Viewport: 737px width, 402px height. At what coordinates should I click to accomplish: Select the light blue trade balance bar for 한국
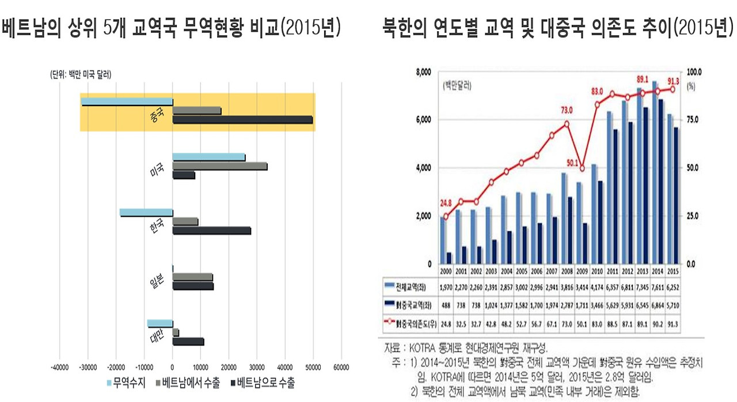(146, 212)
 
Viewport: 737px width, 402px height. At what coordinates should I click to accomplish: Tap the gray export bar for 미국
(219, 166)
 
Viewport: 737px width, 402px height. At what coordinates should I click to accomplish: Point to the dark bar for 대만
(188, 341)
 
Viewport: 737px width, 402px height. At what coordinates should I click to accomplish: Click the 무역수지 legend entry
(125, 382)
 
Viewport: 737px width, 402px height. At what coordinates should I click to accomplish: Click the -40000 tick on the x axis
(60, 366)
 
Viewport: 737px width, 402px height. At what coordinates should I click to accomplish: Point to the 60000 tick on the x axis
(341, 366)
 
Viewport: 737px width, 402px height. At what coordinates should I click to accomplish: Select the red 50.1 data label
(576, 162)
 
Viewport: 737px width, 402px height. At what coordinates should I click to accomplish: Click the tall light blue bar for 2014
(655, 173)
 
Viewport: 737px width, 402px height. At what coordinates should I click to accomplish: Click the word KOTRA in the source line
(425, 348)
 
